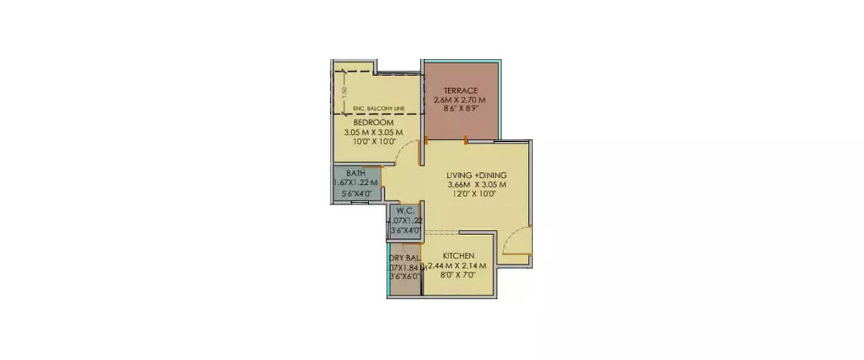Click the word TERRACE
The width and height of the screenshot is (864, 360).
pos(460,90)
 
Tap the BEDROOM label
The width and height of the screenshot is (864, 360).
pos(373,123)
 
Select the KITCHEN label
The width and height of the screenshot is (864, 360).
pos(458,256)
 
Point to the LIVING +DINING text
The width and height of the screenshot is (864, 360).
pos(476,175)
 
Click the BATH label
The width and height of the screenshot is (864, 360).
pos(355,173)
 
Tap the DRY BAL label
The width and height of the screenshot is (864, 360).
pos(404,257)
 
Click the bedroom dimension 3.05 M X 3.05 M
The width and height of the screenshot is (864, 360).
pos(373,132)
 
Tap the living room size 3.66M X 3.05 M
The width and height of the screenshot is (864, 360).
pos(476,185)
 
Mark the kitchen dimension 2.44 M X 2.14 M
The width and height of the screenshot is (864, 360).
pos(458,266)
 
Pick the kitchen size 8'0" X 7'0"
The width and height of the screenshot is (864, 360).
pos(458,275)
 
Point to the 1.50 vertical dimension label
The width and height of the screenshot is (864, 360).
pos(344,91)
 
